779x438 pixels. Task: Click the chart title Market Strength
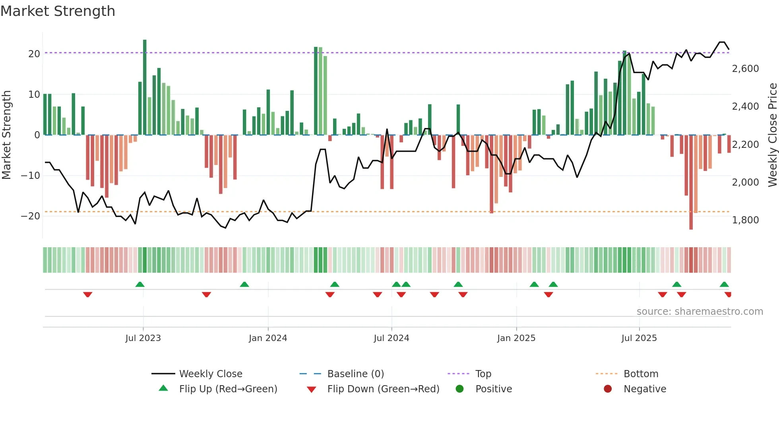click(x=58, y=11)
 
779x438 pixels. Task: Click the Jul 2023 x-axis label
click(x=143, y=338)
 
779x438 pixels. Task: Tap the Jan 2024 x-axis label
click(x=268, y=338)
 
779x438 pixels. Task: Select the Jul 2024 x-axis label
click(x=391, y=338)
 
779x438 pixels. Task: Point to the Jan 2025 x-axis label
click(x=516, y=338)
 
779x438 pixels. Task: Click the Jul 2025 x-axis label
click(x=639, y=338)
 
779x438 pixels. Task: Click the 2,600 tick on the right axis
click(x=745, y=69)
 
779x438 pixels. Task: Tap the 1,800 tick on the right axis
click(x=745, y=220)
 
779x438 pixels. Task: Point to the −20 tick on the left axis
click(x=31, y=216)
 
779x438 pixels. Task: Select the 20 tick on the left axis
click(x=34, y=54)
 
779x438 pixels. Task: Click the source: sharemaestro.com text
click(x=700, y=312)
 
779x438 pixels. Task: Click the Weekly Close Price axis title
click(x=772, y=135)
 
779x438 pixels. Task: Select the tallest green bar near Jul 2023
click(x=145, y=87)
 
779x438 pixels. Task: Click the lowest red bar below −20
click(x=691, y=183)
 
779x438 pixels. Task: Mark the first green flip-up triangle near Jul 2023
click(x=140, y=284)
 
